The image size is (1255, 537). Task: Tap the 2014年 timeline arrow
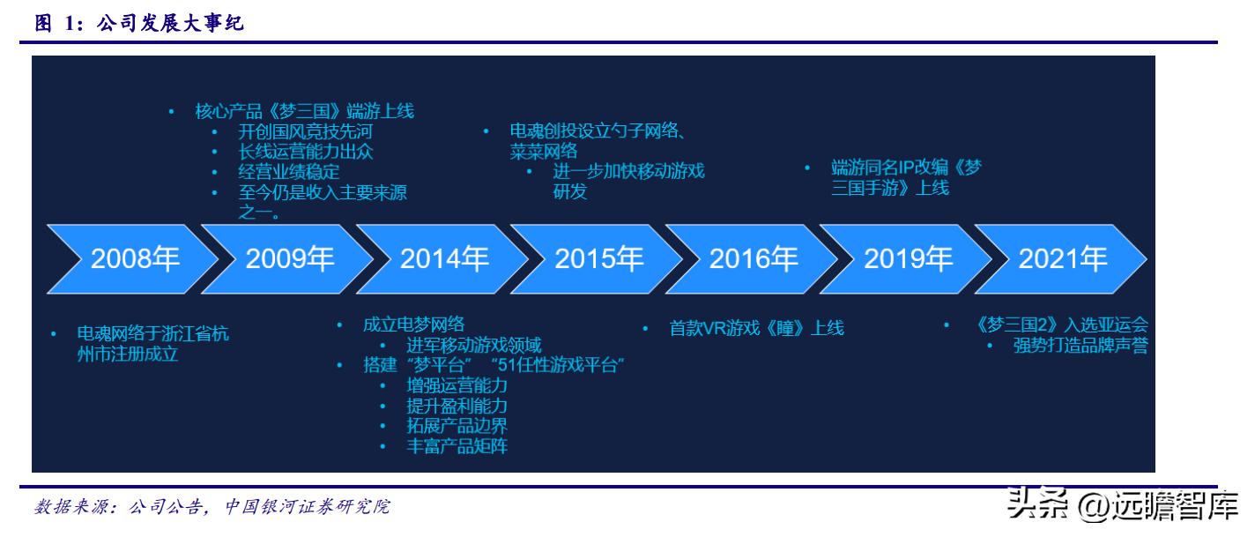click(x=444, y=259)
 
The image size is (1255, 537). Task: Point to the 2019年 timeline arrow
click(x=908, y=259)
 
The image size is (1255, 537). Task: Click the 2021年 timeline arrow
click(x=1062, y=259)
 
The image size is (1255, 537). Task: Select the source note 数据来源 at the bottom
click(x=212, y=507)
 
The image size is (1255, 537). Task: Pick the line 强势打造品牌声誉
click(x=1080, y=345)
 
